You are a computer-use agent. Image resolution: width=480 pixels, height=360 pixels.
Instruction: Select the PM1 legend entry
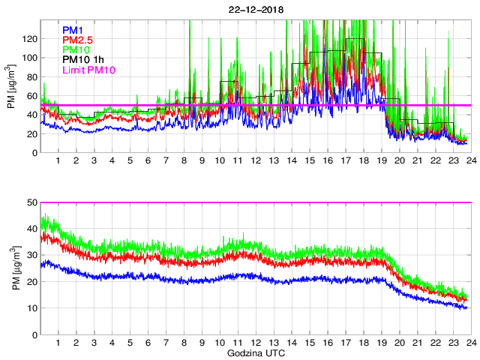point(73,30)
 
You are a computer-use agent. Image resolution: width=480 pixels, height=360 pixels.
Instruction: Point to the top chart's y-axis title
point(11,86)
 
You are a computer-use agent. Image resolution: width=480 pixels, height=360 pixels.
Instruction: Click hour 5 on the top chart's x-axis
point(130,160)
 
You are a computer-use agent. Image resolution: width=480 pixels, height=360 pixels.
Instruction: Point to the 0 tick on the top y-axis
point(34,153)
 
